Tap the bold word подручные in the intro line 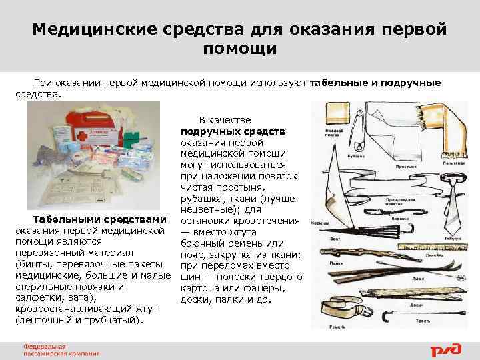point(411,82)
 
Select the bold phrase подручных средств point(233,130)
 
